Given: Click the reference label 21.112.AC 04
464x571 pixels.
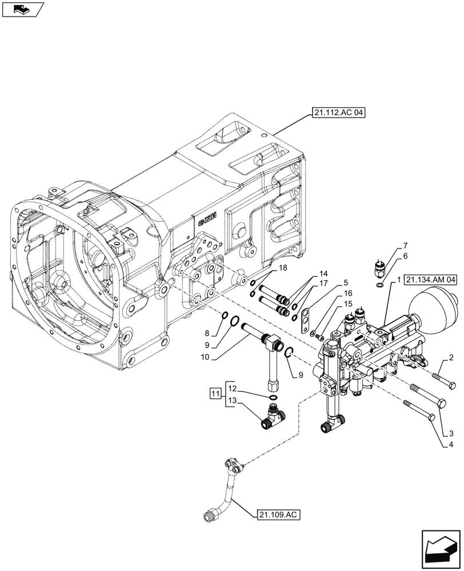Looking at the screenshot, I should coord(338,113).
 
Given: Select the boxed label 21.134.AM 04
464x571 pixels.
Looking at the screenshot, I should coord(432,280).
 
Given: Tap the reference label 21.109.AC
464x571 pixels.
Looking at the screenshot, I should coord(277,514).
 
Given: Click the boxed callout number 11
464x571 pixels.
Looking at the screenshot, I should coord(215,393).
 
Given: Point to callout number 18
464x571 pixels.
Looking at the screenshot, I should coord(282,268).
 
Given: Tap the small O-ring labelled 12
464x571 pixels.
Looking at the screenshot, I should coord(274,397).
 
